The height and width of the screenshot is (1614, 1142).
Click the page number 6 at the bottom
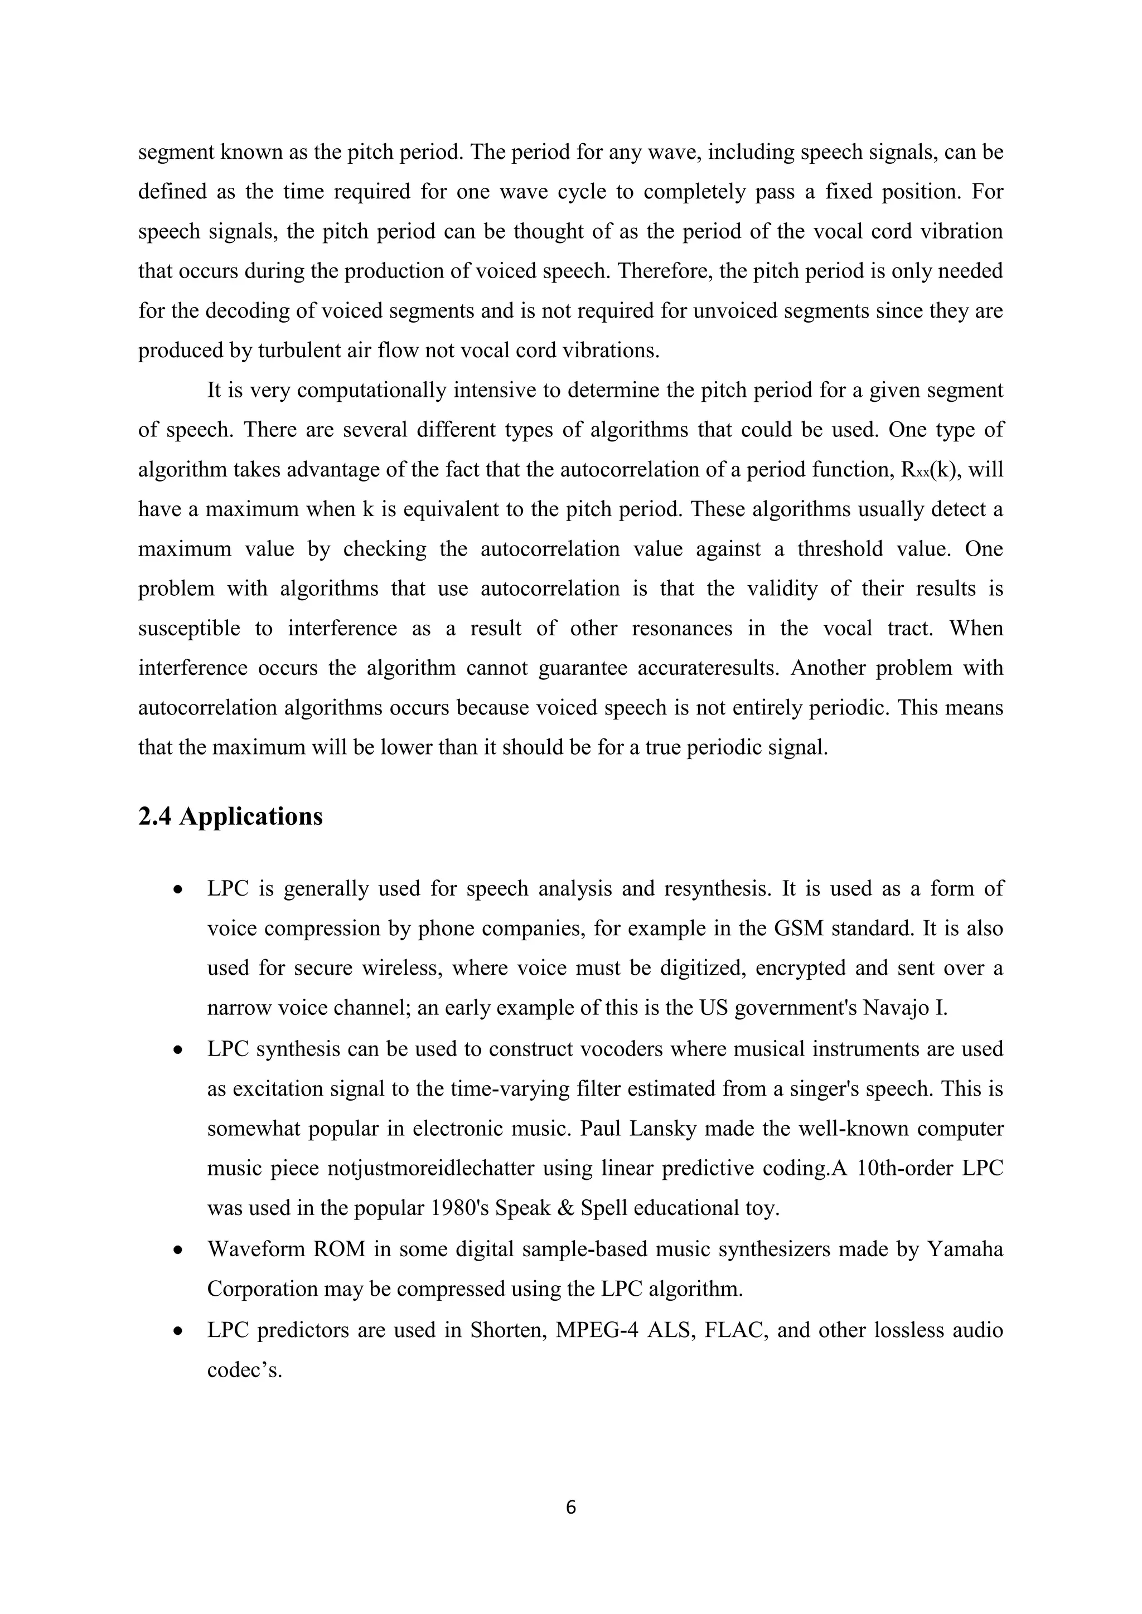click(x=570, y=1506)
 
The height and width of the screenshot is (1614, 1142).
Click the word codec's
click(x=244, y=1369)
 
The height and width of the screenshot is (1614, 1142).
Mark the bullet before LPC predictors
click(x=180, y=1331)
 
